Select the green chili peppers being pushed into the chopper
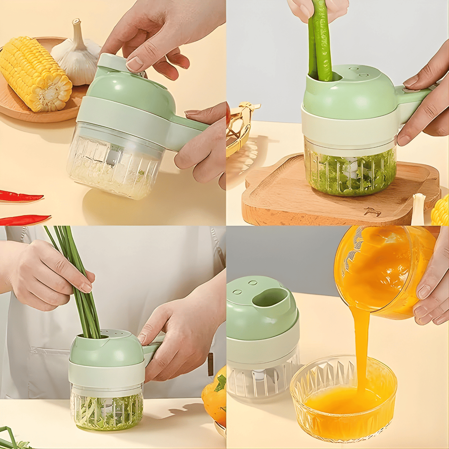[320, 44]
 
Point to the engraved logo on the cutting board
[372, 212]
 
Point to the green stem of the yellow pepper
[221, 382]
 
